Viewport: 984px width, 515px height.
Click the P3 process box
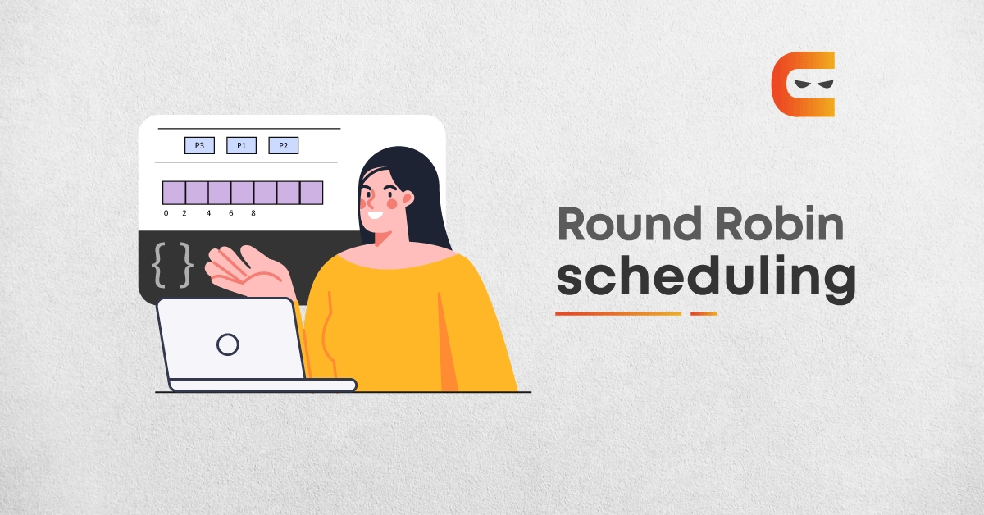(x=199, y=145)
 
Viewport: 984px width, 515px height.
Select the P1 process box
(x=241, y=145)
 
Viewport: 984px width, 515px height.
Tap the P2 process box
(x=284, y=145)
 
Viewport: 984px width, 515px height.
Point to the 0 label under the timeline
(x=166, y=213)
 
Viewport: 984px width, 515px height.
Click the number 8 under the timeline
(x=253, y=213)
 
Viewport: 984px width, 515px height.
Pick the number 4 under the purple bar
(x=208, y=213)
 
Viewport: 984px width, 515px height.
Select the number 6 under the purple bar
(x=230, y=213)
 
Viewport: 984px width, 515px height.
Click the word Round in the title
(x=630, y=224)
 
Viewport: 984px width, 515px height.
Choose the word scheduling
(x=706, y=279)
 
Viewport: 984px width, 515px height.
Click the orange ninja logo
(x=803, y=84)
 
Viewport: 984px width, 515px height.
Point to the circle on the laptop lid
(x=228, y=344)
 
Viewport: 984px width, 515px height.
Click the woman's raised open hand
(x=246, y=271)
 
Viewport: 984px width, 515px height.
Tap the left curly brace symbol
(x=158, y=265)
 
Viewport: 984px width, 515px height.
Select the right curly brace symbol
(x=186, y=265)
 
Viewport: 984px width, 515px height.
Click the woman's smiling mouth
(x=376, y=216)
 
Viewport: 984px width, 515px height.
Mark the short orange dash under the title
(x=704, y=314)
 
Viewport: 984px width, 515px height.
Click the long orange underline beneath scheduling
(x=618, y=314)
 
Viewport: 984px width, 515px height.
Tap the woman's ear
(x=408, y=198)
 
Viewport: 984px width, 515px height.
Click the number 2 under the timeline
(x=184, y=213)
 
